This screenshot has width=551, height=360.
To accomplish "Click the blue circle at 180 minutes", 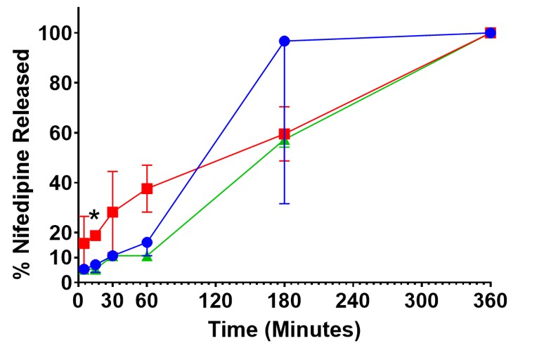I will click(x=285, y=41).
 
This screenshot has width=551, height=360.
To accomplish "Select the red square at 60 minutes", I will click(x=147, y=188).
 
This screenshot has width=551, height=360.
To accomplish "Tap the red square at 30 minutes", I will click(x=112, y=212).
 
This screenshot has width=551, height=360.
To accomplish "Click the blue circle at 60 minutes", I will click(x=147, y=243).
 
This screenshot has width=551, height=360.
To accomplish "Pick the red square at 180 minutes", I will click(x=285, y=134).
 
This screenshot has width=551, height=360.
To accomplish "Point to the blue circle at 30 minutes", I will click(x=112, y=256).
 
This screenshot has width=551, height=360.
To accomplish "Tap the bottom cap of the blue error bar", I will click(x=285, y=203).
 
